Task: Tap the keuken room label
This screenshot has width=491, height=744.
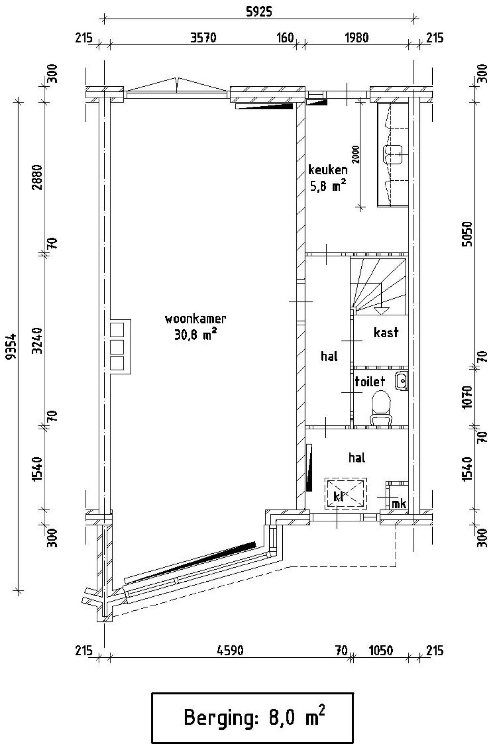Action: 328,170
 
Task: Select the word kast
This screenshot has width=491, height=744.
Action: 386,333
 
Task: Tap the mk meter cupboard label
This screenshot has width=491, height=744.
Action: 399,503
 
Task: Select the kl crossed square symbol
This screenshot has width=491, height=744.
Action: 346,493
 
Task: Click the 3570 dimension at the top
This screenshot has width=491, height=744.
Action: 203,38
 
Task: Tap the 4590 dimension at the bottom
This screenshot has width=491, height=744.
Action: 230,651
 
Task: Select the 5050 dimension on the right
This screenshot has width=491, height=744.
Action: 467,234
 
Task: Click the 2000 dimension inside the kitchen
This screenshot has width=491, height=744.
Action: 356,155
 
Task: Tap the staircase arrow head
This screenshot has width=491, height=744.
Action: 381,310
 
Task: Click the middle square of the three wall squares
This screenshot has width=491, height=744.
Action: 117,346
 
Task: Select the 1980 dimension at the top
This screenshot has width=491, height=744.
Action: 357,38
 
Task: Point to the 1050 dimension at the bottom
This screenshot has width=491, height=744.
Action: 381,651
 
